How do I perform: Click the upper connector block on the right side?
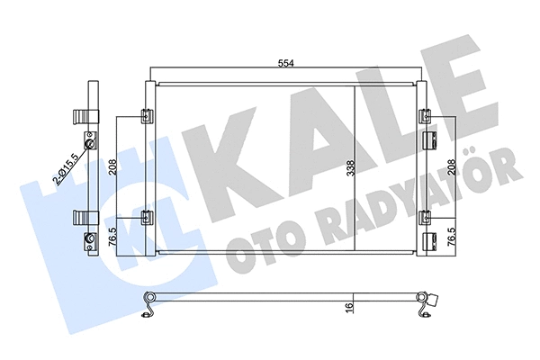pyautogui.click(x=430, y=139)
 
